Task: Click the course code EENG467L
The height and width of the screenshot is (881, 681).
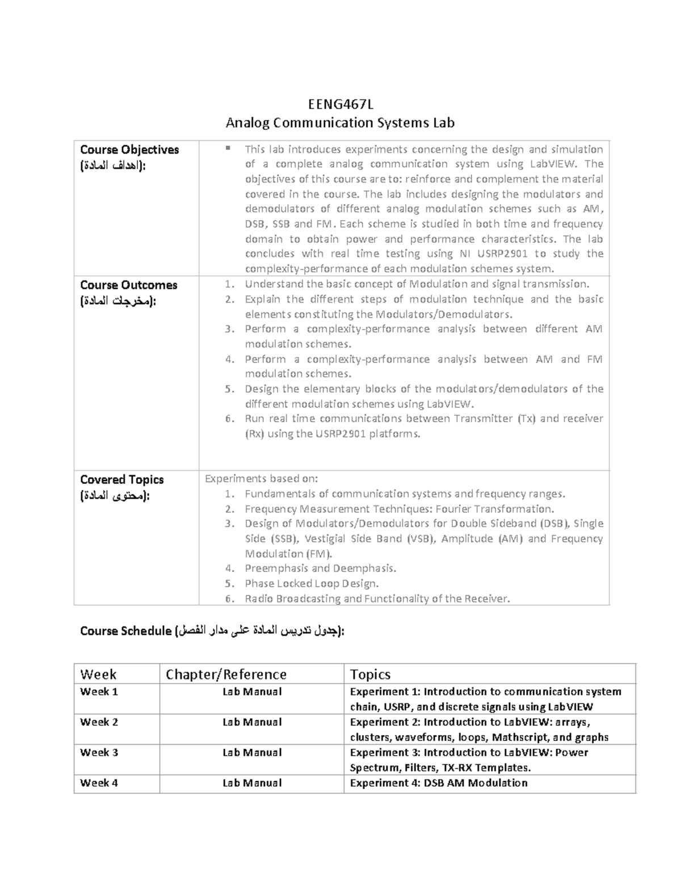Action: click(340, 104)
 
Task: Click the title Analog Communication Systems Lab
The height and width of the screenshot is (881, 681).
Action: click(340, 123)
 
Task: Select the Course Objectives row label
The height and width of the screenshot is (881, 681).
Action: click(129, 150)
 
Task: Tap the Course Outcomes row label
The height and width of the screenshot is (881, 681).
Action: click(129, 285)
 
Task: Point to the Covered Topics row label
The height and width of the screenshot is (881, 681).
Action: click(122, 479)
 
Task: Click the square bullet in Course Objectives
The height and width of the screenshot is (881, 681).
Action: click(228, 149)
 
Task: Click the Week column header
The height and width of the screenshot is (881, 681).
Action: click(98, 674)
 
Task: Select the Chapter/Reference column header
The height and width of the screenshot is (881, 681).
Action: click(226, 674)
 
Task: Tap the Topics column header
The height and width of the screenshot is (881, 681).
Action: click(370, 674)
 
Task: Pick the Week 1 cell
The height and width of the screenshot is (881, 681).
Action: click(99, 692)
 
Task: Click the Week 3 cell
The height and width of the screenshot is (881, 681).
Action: click(99, 752)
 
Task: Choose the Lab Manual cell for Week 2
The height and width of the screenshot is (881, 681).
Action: click(252, 722)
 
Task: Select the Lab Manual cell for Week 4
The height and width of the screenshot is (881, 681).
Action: click(252, 783)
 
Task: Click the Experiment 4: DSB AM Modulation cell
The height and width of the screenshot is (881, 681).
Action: click(439, 783)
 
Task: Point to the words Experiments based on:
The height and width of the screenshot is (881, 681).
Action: click(261, 478)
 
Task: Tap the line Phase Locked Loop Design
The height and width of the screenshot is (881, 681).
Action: click(312, 583)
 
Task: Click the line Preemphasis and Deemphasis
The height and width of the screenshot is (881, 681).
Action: click(321, 568)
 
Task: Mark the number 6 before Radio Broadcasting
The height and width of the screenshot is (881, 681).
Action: click(229, 598)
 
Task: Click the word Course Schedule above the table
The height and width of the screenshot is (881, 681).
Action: click(125, 631)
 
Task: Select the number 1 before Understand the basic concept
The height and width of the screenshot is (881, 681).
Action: click(229, 284)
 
